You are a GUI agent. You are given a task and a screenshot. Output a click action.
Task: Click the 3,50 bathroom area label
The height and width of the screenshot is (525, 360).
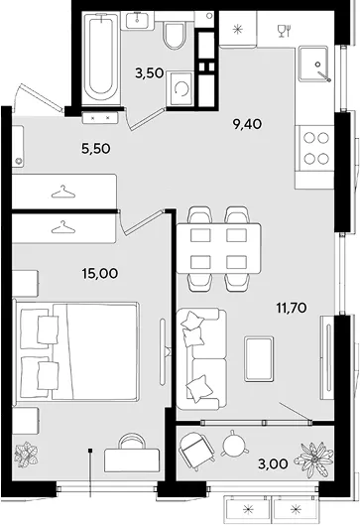[x=149, y=72]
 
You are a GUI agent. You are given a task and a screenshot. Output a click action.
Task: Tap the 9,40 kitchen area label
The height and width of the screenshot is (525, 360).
[x=247, y=124]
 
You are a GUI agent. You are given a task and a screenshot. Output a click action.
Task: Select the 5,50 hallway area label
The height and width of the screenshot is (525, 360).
[x=95, y=148]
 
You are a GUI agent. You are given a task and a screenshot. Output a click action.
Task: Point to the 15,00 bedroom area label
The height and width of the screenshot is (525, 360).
[x=100, y=273]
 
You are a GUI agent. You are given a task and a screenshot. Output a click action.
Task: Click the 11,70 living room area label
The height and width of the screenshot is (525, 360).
[x=292, y=307]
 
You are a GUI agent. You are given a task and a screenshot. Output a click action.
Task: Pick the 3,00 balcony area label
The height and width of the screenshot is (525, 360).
[x=273, y=463]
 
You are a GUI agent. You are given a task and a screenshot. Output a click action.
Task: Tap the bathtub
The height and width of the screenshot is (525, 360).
[x=101, y=59]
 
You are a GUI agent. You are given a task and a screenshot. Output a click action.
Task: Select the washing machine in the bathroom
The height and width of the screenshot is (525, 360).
[x=180, y=89]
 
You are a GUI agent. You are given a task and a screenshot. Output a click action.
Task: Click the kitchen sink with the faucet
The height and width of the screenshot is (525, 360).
[x=315, y=64]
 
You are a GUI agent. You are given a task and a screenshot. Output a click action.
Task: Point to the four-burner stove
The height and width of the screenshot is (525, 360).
[x=315, y=149]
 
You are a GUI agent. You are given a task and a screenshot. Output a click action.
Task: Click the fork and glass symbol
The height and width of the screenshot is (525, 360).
[x=284, y=31]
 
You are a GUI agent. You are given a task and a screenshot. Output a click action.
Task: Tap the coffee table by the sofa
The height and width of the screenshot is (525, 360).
[x=259, y=359]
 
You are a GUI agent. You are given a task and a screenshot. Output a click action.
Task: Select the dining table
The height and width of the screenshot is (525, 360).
[x=219, y=248]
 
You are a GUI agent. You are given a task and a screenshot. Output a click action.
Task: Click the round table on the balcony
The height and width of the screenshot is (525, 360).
[x=234, y=444]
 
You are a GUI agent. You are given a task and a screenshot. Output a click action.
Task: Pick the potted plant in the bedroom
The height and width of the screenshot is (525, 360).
[x=27, y=454]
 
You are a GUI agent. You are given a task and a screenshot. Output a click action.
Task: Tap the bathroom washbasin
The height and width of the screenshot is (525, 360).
[x=140, y=20]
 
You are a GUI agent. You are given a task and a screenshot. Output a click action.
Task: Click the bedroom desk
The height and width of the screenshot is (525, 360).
[x=132, y=460]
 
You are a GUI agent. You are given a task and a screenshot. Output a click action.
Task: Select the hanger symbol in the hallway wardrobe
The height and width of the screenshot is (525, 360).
[x=63, y=192]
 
